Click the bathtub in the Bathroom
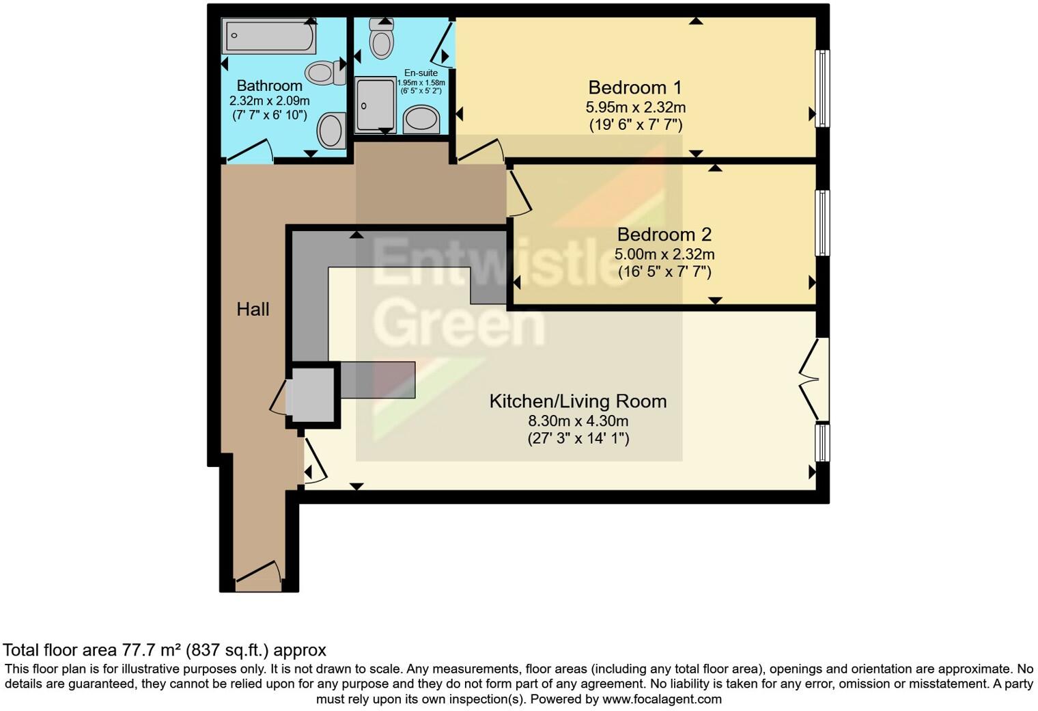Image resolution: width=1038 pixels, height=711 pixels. (269, 36)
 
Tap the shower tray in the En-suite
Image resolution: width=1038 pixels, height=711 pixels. (375, 104)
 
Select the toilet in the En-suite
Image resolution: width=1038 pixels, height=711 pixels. (381, 38)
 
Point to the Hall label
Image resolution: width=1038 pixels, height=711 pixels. (253, 309)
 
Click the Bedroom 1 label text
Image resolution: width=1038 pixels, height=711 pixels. (635, 88)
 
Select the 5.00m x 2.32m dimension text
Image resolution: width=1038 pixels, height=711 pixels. (664, 254)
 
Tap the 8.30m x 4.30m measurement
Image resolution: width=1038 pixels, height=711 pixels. (578, 420)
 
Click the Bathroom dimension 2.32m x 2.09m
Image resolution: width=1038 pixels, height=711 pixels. (269, 100)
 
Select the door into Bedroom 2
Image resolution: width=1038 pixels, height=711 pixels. (519, 193)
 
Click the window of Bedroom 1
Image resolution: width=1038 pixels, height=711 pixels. (823, 88)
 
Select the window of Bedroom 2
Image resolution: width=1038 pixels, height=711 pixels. (823, 223)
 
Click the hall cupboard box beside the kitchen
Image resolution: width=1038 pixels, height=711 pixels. (313, 397)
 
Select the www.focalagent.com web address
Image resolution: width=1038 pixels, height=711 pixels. (662, 699)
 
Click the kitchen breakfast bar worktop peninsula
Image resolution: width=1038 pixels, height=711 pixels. (378, 379)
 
